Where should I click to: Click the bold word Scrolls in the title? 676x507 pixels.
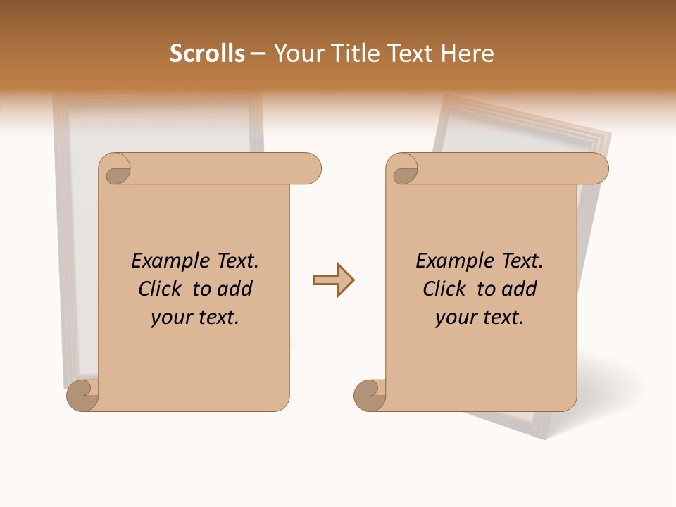(207, 54)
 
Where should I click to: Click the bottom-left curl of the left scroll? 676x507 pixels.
(82, 395)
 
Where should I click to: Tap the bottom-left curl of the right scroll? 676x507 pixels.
(369, 395)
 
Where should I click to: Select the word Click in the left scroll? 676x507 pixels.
(161, 289)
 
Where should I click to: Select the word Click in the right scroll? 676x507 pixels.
(444, 289)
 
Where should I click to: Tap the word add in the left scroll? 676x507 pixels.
(234, 289)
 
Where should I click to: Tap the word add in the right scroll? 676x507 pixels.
(519, 289)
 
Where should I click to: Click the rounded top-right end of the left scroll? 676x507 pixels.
(311, 169)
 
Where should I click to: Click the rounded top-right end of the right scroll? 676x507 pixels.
(598, 169)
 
